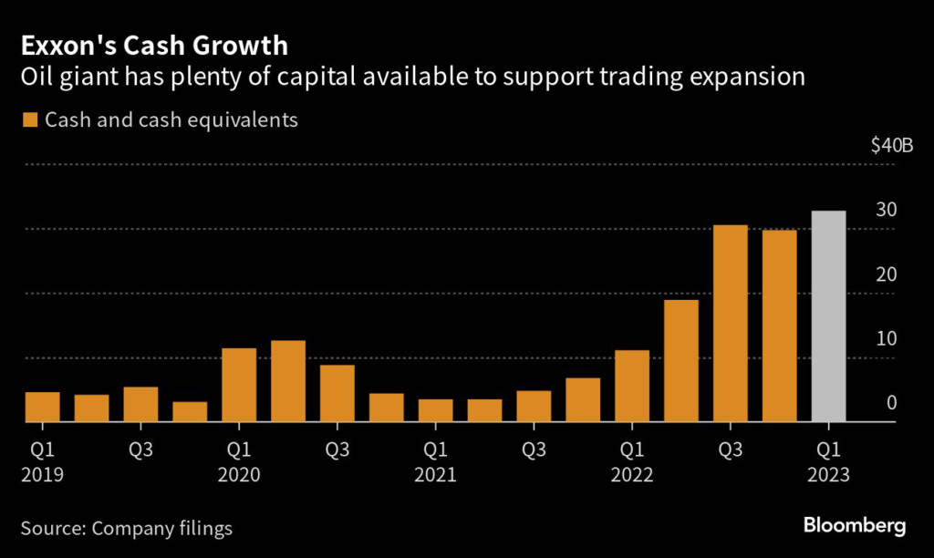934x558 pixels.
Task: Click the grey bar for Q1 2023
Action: click(x=828, y=316)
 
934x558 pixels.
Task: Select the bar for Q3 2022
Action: click(x=730, y=324)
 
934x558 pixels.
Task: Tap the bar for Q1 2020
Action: click(x=239, y=385)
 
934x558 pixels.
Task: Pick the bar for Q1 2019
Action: click(x=42, y=407)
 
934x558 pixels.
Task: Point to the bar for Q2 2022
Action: click(x=680, y=361)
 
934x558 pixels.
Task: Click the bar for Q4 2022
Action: click(x=779, y=326)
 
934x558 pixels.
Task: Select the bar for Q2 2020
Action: click(x=288, y=381)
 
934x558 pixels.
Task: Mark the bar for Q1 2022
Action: click(x=631, y=387)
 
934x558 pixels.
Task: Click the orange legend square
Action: click(x=30, y=120)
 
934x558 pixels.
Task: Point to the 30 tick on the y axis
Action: click(x=886, y=210)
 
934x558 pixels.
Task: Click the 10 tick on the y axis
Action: click(x=886, y=339)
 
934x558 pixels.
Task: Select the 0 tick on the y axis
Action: click(x=891, y=403)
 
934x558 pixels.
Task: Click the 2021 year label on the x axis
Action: click(x=436, y=475)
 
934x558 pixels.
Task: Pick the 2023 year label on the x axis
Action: click(x=828, y=475)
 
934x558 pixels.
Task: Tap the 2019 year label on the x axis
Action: click(x=42, y=475)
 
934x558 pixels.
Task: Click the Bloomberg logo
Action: click(x=855, y=525)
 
